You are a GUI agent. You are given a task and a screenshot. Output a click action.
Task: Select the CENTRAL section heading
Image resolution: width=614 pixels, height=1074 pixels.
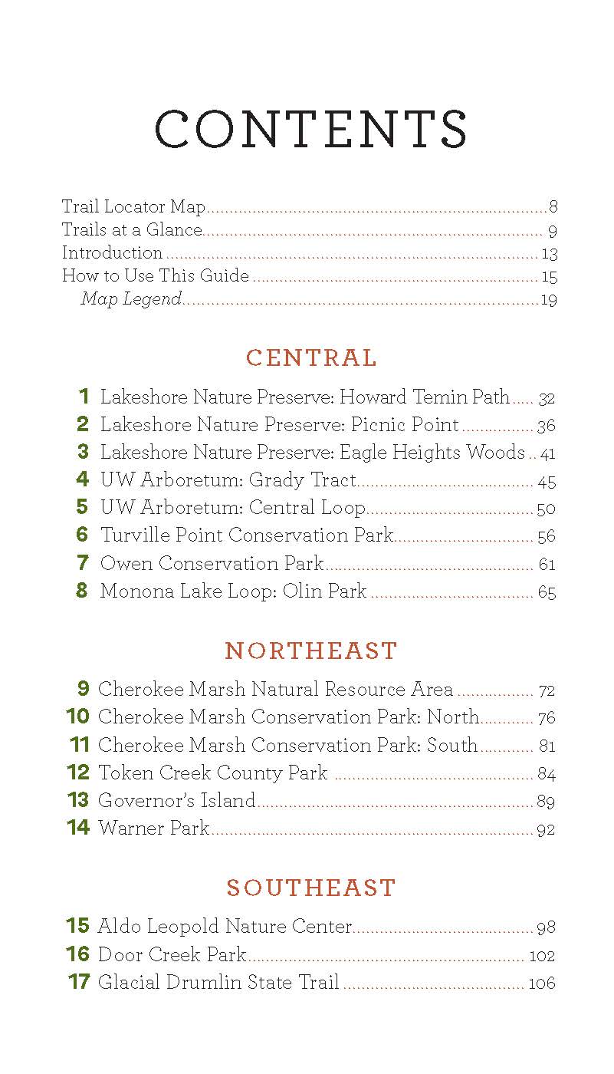click(311, 358)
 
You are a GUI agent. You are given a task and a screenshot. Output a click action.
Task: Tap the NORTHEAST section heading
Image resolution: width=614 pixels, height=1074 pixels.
click(311, 651)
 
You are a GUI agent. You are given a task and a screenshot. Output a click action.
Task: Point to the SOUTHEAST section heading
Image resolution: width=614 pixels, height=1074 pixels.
click(311, 888)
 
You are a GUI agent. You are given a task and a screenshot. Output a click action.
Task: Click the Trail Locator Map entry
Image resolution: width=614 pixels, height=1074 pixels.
click(134, 206)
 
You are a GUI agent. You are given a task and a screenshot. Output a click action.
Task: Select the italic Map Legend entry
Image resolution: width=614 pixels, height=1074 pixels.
click(131, 299)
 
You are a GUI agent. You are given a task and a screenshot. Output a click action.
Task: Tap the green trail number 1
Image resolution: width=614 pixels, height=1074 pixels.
click(84, 397)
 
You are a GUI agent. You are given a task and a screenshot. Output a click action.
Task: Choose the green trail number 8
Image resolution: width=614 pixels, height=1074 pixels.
click(82, 591)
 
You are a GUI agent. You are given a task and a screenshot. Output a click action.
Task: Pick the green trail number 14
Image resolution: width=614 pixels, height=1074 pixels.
click(78, 828)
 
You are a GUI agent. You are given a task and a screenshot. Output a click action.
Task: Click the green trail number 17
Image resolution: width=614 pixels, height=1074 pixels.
click(79, 981)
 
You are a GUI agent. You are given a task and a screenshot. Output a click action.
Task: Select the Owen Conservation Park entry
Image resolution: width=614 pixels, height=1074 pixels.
click(212, 564)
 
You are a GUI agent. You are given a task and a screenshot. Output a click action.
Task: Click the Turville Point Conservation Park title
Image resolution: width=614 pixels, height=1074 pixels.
click(247, 535)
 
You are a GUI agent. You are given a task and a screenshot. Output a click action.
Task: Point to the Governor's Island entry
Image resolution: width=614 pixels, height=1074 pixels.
click(176, 801)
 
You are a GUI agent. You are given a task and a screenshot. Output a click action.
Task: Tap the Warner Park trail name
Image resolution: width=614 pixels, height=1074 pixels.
click(154, 829)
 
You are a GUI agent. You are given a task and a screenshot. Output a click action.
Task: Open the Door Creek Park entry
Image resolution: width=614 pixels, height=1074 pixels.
click(172, 954)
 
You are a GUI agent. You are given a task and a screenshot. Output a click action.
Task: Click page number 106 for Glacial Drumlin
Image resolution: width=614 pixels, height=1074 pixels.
click(542, 983)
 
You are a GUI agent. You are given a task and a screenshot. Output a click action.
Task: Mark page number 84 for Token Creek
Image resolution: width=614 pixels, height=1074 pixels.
click(546, 774)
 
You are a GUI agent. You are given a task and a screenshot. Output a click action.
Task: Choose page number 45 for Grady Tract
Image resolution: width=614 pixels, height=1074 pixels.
click(547, 482)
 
